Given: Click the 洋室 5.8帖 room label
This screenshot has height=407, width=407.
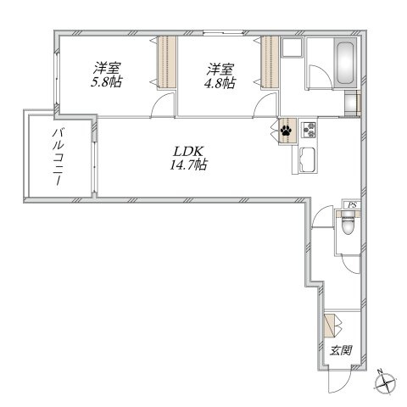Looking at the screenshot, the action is tap(106, 75).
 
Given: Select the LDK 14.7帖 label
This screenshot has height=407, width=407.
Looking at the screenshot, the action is tap(188, 159).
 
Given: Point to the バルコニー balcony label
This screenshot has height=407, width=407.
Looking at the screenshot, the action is tap(58, 157).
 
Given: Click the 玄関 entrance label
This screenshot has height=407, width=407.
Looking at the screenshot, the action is tap(341, 350).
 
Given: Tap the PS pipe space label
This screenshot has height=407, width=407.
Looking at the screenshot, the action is tap(352, 205).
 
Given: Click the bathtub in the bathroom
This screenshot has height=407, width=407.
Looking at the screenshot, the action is tap(345, 64).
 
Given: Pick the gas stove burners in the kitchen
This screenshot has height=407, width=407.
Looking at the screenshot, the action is tap(309, 130).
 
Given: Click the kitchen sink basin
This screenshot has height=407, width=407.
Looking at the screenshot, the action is tap(309, 160).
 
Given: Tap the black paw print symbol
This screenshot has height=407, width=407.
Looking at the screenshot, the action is tap(287, 131).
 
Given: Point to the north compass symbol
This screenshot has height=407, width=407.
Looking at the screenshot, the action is tap(386, 382).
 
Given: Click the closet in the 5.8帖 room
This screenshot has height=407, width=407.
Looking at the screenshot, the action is tap(167, 62).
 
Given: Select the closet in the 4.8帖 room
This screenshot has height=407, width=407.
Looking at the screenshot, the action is tap(270, 62).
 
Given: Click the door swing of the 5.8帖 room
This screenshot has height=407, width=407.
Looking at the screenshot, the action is tap(163, 104).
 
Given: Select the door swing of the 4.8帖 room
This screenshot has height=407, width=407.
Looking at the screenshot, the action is tap(265, 104).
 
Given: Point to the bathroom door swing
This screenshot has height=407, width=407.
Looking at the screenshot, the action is tap(321, 77).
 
